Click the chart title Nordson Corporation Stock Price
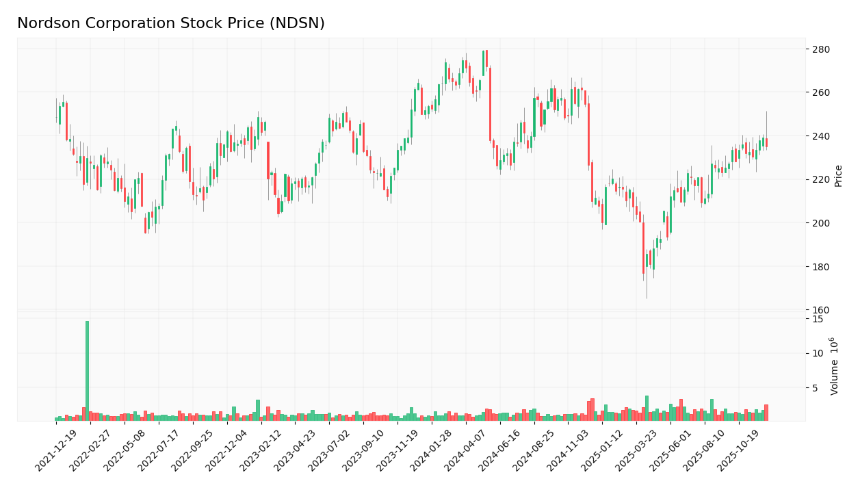(x=171, y=24)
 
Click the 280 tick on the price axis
(x=820, y=49)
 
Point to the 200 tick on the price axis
(x=820, y=223)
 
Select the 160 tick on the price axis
(x=820, y=310)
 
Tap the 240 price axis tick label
(x=820, y=136)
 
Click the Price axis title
(x=838, y=176)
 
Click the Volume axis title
(x=835, y=365)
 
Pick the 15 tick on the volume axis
(x=818, y=319)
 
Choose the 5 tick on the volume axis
(x=816, y=388)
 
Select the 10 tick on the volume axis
(x=818, y=353)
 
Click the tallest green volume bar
(x=87, y=370)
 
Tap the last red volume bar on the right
(x=766, y=413)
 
